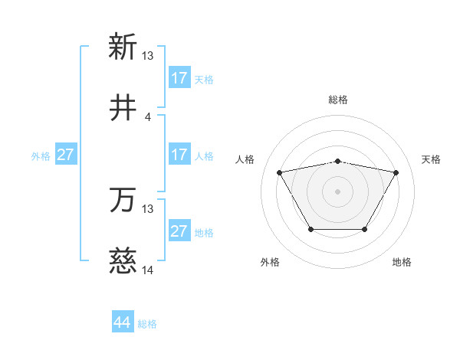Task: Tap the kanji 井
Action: (123, 109)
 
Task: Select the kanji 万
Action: (123, 201)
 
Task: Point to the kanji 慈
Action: (123, 263)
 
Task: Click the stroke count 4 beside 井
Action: (148, 117)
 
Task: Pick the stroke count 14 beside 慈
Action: (148, 271)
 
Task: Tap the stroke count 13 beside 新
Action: (148, 56)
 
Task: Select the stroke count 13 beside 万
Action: (148, 209)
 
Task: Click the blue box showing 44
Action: (123, 322)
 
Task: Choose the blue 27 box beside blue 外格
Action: (65, 155)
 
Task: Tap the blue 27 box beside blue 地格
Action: (179, 231)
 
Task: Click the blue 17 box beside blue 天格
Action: (179, 78)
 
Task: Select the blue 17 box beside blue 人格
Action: (179, 155)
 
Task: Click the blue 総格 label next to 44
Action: (147, 324)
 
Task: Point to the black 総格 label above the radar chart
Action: (338, 100)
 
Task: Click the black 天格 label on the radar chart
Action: (432, 159)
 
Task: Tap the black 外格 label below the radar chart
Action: (270, 263)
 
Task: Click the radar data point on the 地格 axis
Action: (365, 229)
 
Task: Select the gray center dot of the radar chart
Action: (338, 191)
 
